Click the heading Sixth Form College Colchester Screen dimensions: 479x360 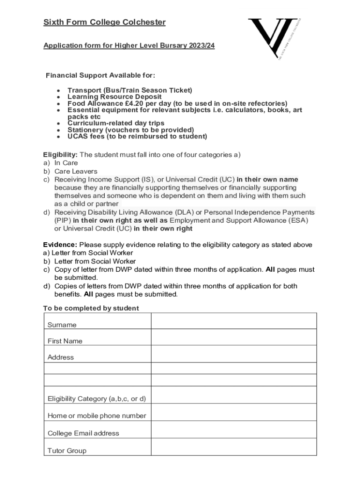(104, 22)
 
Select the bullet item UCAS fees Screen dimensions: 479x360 (137, 137)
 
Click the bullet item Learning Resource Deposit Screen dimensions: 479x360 (115, 97)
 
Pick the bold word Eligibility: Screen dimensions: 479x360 (60, 155)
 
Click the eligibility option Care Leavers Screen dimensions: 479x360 (76, 171)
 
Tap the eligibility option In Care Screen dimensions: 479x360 (66, 163)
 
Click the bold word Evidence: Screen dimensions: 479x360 (60, 245)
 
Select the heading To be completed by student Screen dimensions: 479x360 (91, 308)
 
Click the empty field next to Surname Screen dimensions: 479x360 (234, 321)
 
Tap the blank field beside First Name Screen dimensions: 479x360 (234, 337)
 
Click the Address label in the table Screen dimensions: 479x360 (61, 357)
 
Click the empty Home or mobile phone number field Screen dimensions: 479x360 (234, 413)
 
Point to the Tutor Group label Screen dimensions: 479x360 (67, 451)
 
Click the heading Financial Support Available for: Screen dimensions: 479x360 (100, 76)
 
